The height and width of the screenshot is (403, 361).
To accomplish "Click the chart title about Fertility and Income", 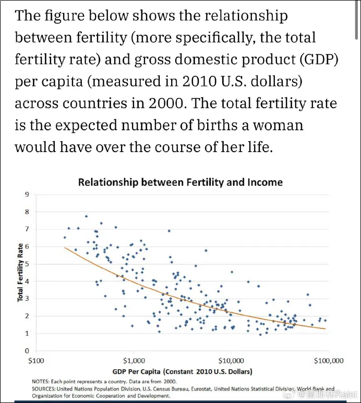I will pyautogui.click(x=180, y=182).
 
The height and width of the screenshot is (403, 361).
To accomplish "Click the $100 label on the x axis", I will pyautogui.click(x=35, y=360).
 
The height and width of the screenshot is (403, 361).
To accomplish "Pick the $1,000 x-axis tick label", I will pyautogui.click(x=134, y=360).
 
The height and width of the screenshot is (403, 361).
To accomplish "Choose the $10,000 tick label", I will pyautogui.click(x=231, y=360).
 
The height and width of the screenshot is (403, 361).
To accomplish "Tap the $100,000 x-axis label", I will pyautogui.click(x=328, y=360).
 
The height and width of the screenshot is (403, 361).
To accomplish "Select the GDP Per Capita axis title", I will pyautogui.click(x=182, y=371).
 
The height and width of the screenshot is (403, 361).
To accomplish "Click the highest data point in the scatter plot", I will pyautogui.click(x=86, y=216).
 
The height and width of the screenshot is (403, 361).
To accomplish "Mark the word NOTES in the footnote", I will pyautogui.click(x=41, y=382).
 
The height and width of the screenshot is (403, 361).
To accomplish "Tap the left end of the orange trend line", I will pyautogui.click(x=65, y=247).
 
